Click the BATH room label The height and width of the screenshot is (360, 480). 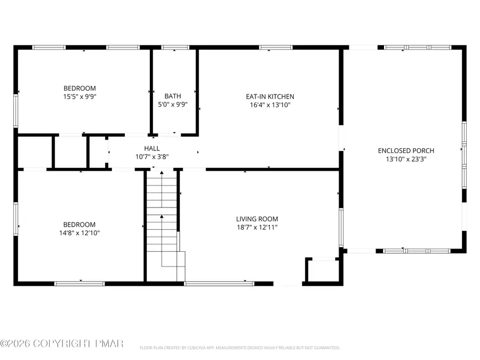coord(172,96)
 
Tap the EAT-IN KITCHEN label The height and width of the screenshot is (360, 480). coord(270,97)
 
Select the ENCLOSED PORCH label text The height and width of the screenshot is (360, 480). coord(406,151)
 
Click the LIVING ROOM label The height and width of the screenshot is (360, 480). coord(257,219)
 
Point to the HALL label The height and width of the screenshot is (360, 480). coord(151,148)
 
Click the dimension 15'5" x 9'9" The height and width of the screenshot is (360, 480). coord(79,97)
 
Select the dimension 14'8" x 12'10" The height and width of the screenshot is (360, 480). coord(79,233)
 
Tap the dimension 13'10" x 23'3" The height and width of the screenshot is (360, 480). coord(406,159)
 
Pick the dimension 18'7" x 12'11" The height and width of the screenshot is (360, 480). coord(257,227)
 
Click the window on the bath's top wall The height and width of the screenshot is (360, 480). coord(172,47)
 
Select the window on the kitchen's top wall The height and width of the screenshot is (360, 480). coord(276,47)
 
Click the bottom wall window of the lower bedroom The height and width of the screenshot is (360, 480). coord(80,283)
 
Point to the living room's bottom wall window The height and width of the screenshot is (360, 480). coord(219,283)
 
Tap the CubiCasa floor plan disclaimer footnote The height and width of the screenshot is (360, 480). coord(239,348)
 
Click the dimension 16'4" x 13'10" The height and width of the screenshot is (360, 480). coord(270,105)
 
